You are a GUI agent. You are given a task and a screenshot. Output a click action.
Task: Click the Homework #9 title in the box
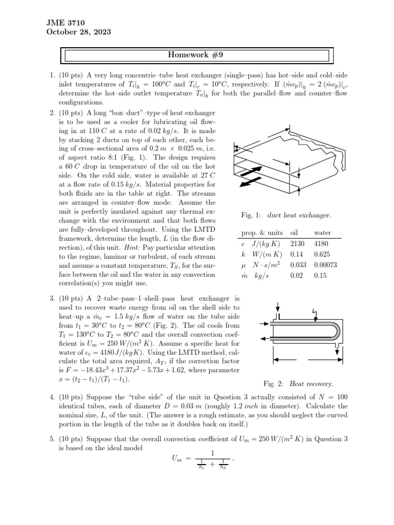[198, 55]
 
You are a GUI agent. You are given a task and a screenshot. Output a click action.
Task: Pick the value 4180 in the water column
[323, 244]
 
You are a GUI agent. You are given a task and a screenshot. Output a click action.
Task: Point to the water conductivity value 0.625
[322, 254]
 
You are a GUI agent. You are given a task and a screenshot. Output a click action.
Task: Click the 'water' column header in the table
[322, 233]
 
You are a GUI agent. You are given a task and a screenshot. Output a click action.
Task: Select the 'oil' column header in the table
[294, 233]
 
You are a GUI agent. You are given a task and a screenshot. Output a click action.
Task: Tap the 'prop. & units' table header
[262, 233]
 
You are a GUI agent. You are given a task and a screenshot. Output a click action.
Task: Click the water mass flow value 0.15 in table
[320, 275]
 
